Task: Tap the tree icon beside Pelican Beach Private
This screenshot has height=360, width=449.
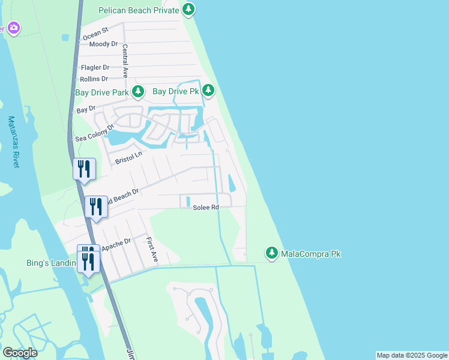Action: (189, 9)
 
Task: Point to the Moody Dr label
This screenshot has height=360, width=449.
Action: (103, 44)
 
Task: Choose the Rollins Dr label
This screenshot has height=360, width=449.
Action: (94, 79)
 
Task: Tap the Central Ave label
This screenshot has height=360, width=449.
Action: (125, 61)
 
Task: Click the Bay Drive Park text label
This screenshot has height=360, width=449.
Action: (102, 93)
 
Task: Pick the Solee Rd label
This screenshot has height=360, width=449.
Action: (205, 208)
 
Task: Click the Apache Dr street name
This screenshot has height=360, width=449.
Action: (116, 245)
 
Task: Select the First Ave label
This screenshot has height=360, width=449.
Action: (151, 249)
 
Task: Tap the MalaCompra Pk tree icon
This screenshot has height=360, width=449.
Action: (272, 254)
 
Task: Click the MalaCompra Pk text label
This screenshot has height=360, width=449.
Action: (311, 254)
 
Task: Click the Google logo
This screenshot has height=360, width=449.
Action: (20, 353)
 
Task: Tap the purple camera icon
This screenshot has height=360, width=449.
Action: (13, 28)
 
